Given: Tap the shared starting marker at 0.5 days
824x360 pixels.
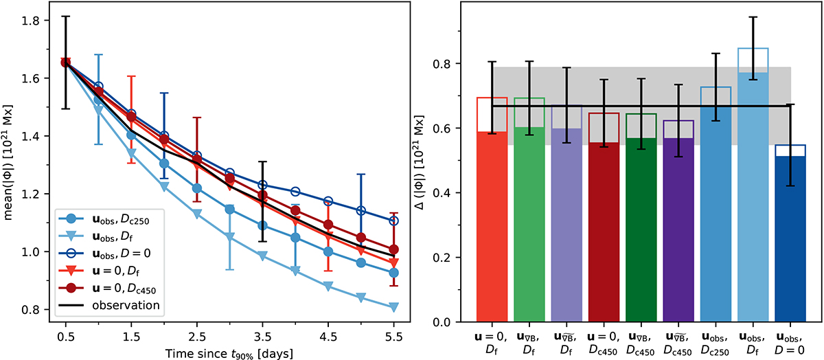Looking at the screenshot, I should coord(65,62).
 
